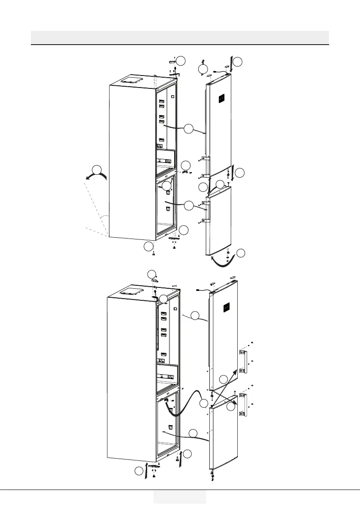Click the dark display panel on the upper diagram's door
[221, 99]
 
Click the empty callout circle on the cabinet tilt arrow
[98, 169]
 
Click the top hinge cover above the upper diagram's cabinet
[173, 62]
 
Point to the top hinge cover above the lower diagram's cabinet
[155, 279]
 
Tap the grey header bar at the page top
[180, 37]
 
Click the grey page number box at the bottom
[180, 497]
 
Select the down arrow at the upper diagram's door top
[232, 64]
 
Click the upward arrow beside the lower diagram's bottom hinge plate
[147, 470]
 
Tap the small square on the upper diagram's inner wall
[172, 97]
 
